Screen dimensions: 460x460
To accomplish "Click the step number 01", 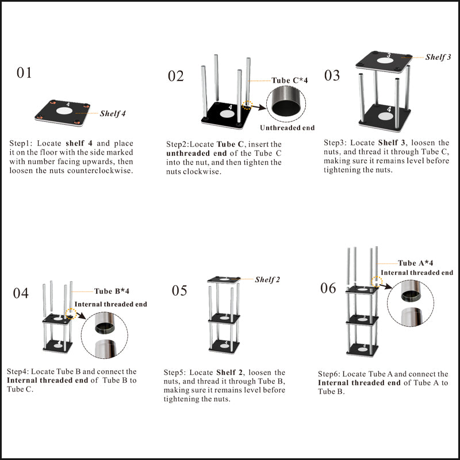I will [x=25, y=73].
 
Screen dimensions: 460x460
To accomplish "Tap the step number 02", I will [x=175, y=76].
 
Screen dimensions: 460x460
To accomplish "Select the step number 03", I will [x=332, y=75].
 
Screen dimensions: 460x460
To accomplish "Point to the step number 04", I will [x=21, y=293].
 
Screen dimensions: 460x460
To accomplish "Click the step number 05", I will [x=179, y=290].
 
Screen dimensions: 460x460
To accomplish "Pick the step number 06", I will [x=328, y=287].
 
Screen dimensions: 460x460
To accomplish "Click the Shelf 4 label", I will [x=113, y=113].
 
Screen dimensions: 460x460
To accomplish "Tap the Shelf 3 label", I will [x=438, y=57].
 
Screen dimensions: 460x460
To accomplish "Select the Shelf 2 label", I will [x=267, y=279].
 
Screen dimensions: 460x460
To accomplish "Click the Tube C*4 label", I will [x=290, y=80].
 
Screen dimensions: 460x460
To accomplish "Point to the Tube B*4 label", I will [x=112, y=291].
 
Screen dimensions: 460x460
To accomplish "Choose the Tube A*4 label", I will [x=415, y=263].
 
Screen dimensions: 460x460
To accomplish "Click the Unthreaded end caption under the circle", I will [x=287, y=128].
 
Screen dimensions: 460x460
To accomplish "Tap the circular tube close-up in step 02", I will [x=286, y=102].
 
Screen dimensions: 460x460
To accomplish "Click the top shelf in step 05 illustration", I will [x=223, y=279].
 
